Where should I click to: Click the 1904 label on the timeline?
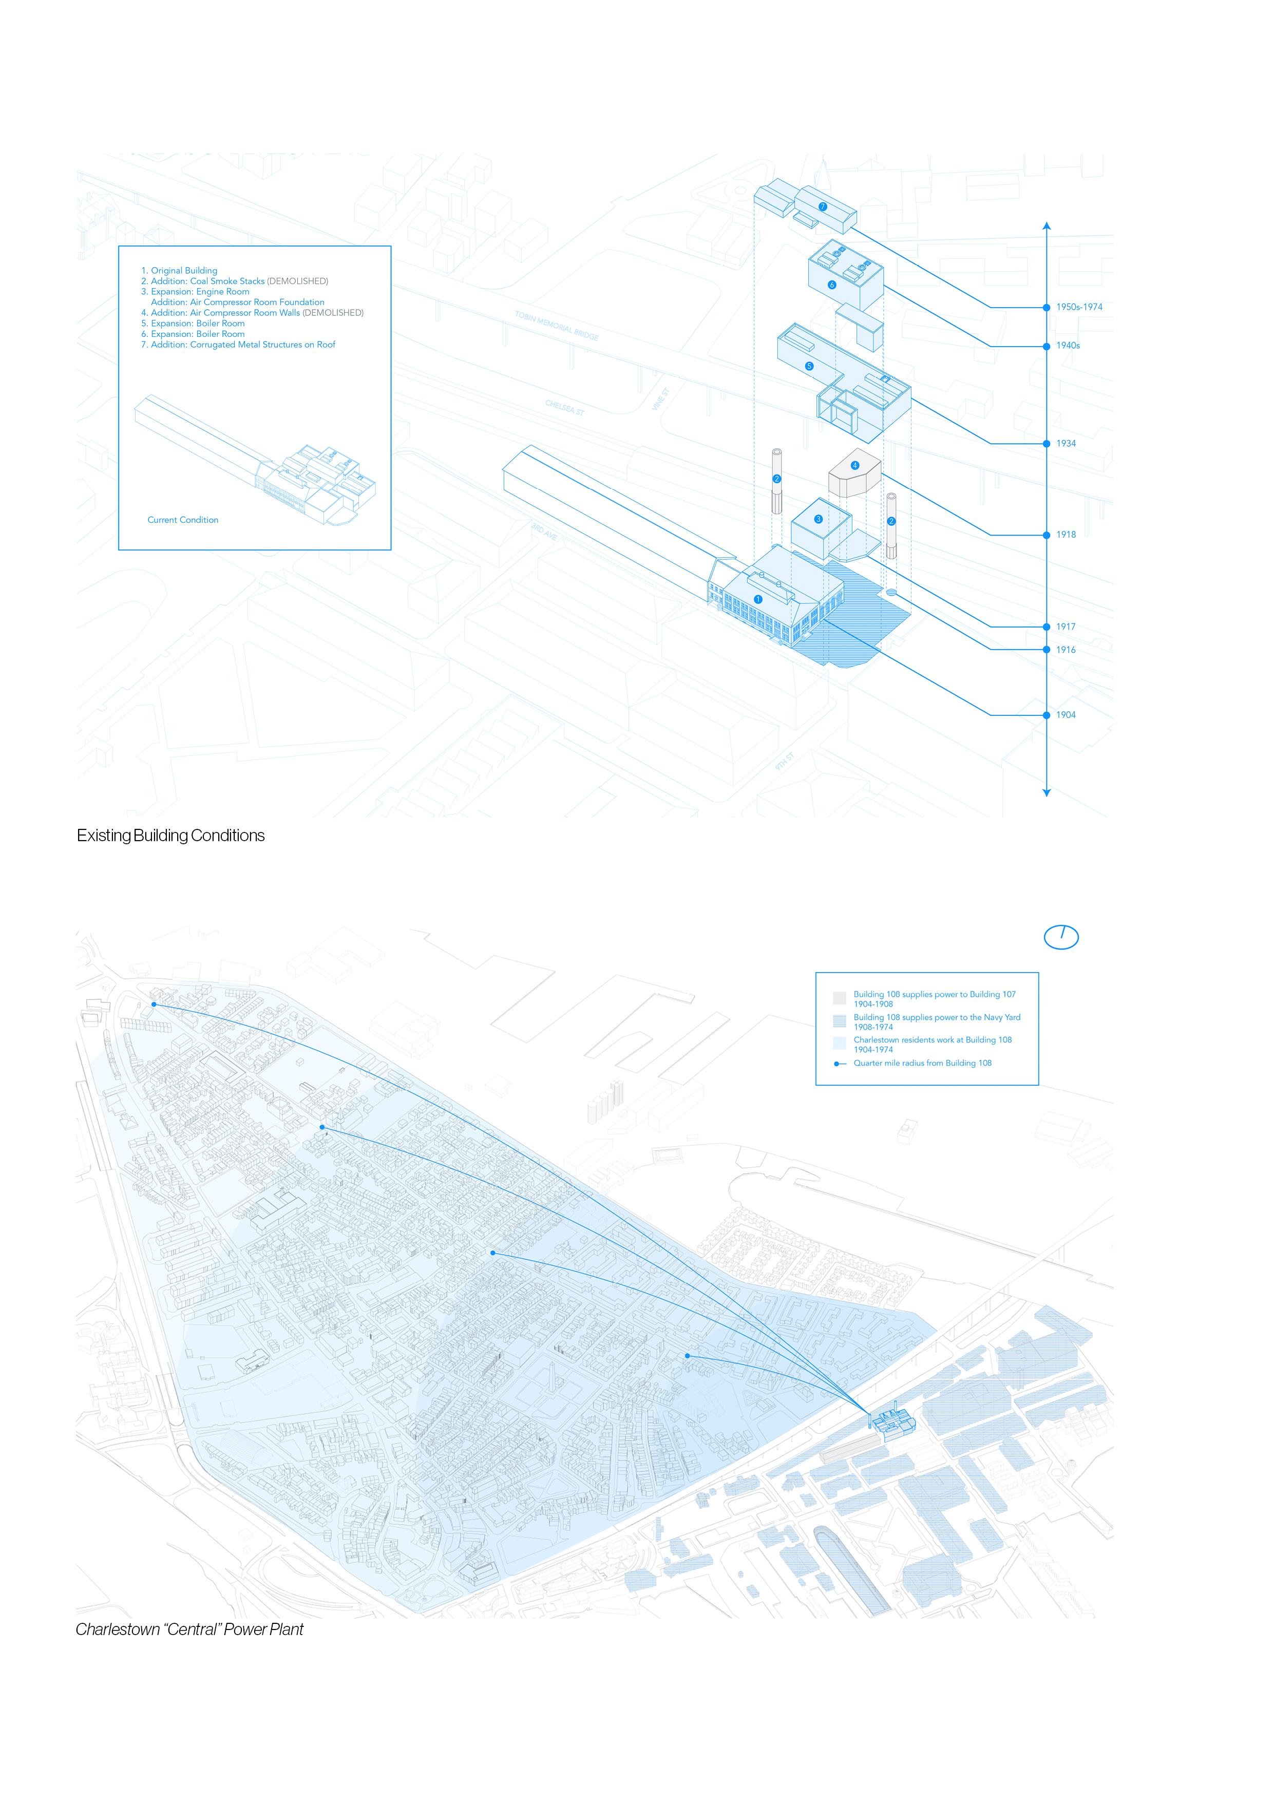coord(1066,714)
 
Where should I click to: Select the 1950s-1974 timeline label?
coord(1079,307)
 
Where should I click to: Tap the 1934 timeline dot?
coord(1047,443)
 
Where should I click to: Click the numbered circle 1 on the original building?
coord(758,599)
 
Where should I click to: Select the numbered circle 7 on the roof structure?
coord(822,206)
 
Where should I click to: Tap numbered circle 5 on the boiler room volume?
coord(810,366)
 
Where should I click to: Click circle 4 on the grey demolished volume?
coord(855,465)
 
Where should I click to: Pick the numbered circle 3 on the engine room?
coord(818,519)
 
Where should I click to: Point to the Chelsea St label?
coord(565,407)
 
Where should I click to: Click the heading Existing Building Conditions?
coord(170,836)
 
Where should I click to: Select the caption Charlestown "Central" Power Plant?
coord(189,1629)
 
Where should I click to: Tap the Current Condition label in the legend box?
coord(183,520)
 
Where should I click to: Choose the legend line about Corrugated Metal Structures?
coord(238,345)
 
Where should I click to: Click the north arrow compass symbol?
coord(1061,937)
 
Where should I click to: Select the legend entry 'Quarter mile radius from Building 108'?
coord(922,1063)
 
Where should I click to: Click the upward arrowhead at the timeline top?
coord(1047,226)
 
